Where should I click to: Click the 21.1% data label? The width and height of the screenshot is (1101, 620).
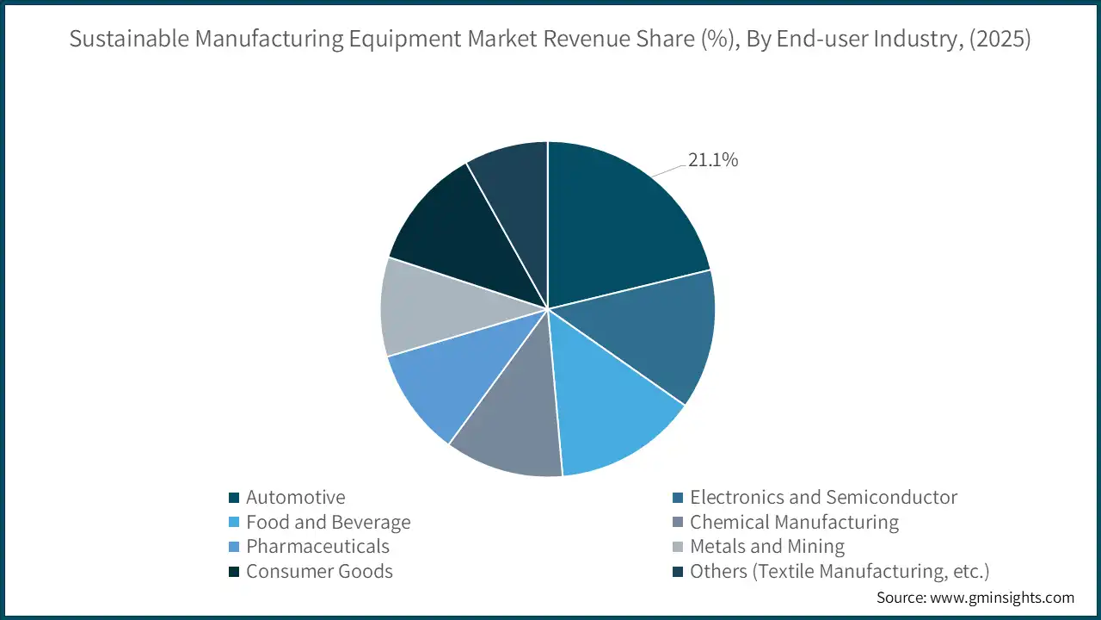pyautogui.click(x=712, y=160)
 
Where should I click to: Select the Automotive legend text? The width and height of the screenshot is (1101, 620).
pyautogui.click(x=295, y=498)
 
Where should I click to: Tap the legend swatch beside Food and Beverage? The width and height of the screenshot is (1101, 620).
pyautogui.click(x=233, y=523)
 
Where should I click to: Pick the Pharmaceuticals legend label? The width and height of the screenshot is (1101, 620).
pyautogui.click(x=317, y=547)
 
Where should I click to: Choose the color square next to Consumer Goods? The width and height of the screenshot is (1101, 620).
pyautogui.click(x=233, y=572)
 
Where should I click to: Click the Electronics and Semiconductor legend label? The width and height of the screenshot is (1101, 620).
pyautogui.click(x=823, y=498)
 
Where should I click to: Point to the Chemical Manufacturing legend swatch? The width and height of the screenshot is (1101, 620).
pyautogui.click(x=677, y=523)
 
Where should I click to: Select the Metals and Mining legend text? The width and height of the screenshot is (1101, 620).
pyautogui.click(x=767, y=547)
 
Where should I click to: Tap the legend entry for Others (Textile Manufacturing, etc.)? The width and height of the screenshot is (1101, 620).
pyautogui.click(x=840, y=572)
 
